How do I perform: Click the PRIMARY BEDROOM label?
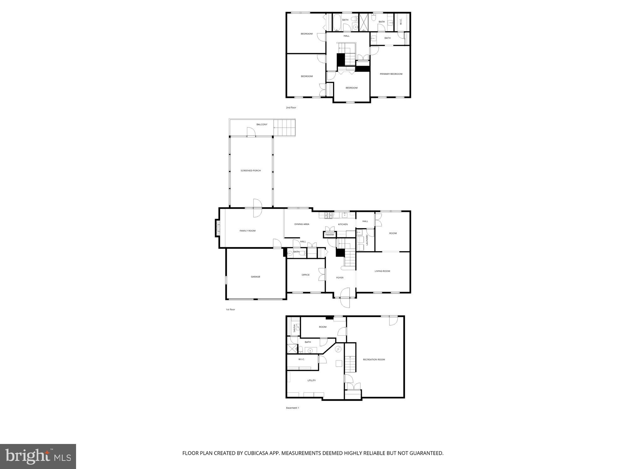(391, 74)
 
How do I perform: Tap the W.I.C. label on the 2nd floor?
(401, 22)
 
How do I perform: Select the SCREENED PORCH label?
(250, 171)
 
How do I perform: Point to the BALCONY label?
(262, 125)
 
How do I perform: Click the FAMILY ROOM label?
(248, 231)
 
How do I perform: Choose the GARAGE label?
(255, 277)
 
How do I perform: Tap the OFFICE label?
(305, 275)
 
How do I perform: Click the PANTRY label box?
(330, 235)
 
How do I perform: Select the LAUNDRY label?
(367, 240)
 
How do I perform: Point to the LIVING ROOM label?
(382, 271)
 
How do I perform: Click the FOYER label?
(340, 278)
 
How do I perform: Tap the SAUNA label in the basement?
(294, 328)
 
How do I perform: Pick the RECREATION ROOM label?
(374, 360)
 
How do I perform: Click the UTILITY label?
(311, 381)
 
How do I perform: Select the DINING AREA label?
(302, 224)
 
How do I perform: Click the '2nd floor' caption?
(291, 108)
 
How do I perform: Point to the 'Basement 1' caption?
(292, 408)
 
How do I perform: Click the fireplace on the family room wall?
(217, 228)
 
